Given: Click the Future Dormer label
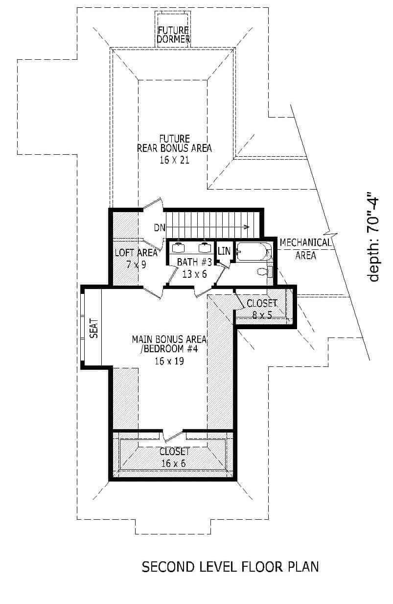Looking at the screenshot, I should pos(173,35).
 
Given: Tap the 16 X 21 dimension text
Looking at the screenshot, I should pos(174,160).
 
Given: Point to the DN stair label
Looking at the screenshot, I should pos(160,227).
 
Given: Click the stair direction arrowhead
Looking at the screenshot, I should pos(248,227).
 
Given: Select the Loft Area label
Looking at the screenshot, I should pos(136,253).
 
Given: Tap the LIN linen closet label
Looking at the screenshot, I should pos(224,251).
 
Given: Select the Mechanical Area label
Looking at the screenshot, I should pos(305,248).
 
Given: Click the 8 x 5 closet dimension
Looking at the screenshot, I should pos(262,315).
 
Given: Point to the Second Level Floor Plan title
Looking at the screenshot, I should pos(230,567).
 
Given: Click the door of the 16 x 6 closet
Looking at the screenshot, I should pos(172,435).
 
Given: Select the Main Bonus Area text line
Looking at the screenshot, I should pos(169,339).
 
